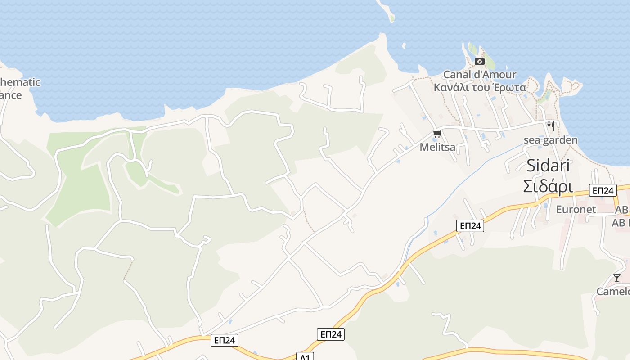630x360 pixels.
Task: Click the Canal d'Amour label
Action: [x=480, y=74]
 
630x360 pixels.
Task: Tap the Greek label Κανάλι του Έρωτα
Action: [x=480, y=87]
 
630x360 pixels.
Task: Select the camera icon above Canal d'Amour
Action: [x=480, y=61]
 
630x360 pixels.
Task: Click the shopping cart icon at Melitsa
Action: [x=437, y=134]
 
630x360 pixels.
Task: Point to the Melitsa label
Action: [x=437, y=147]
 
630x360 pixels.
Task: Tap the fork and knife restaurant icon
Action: [x=551, y=126]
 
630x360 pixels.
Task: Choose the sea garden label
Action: [x=550, y=140]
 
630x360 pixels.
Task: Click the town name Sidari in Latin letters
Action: [x=548, y=166]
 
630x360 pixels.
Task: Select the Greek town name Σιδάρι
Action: [x=548, y=186]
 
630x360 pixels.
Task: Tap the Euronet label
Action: [x=576, y=209]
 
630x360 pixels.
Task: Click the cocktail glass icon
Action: [x=616, y=278]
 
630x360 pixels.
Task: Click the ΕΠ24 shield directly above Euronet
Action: [x=603, y=190]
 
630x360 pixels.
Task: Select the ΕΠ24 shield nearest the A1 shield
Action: [x=331, y=334]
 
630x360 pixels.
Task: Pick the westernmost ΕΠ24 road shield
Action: [x=224, y=340]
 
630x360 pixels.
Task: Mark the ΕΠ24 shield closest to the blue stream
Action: [x=470, y=226]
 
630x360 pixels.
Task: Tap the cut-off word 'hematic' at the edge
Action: [x=21, y=82]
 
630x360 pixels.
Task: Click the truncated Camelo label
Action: [x=613, y=292]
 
